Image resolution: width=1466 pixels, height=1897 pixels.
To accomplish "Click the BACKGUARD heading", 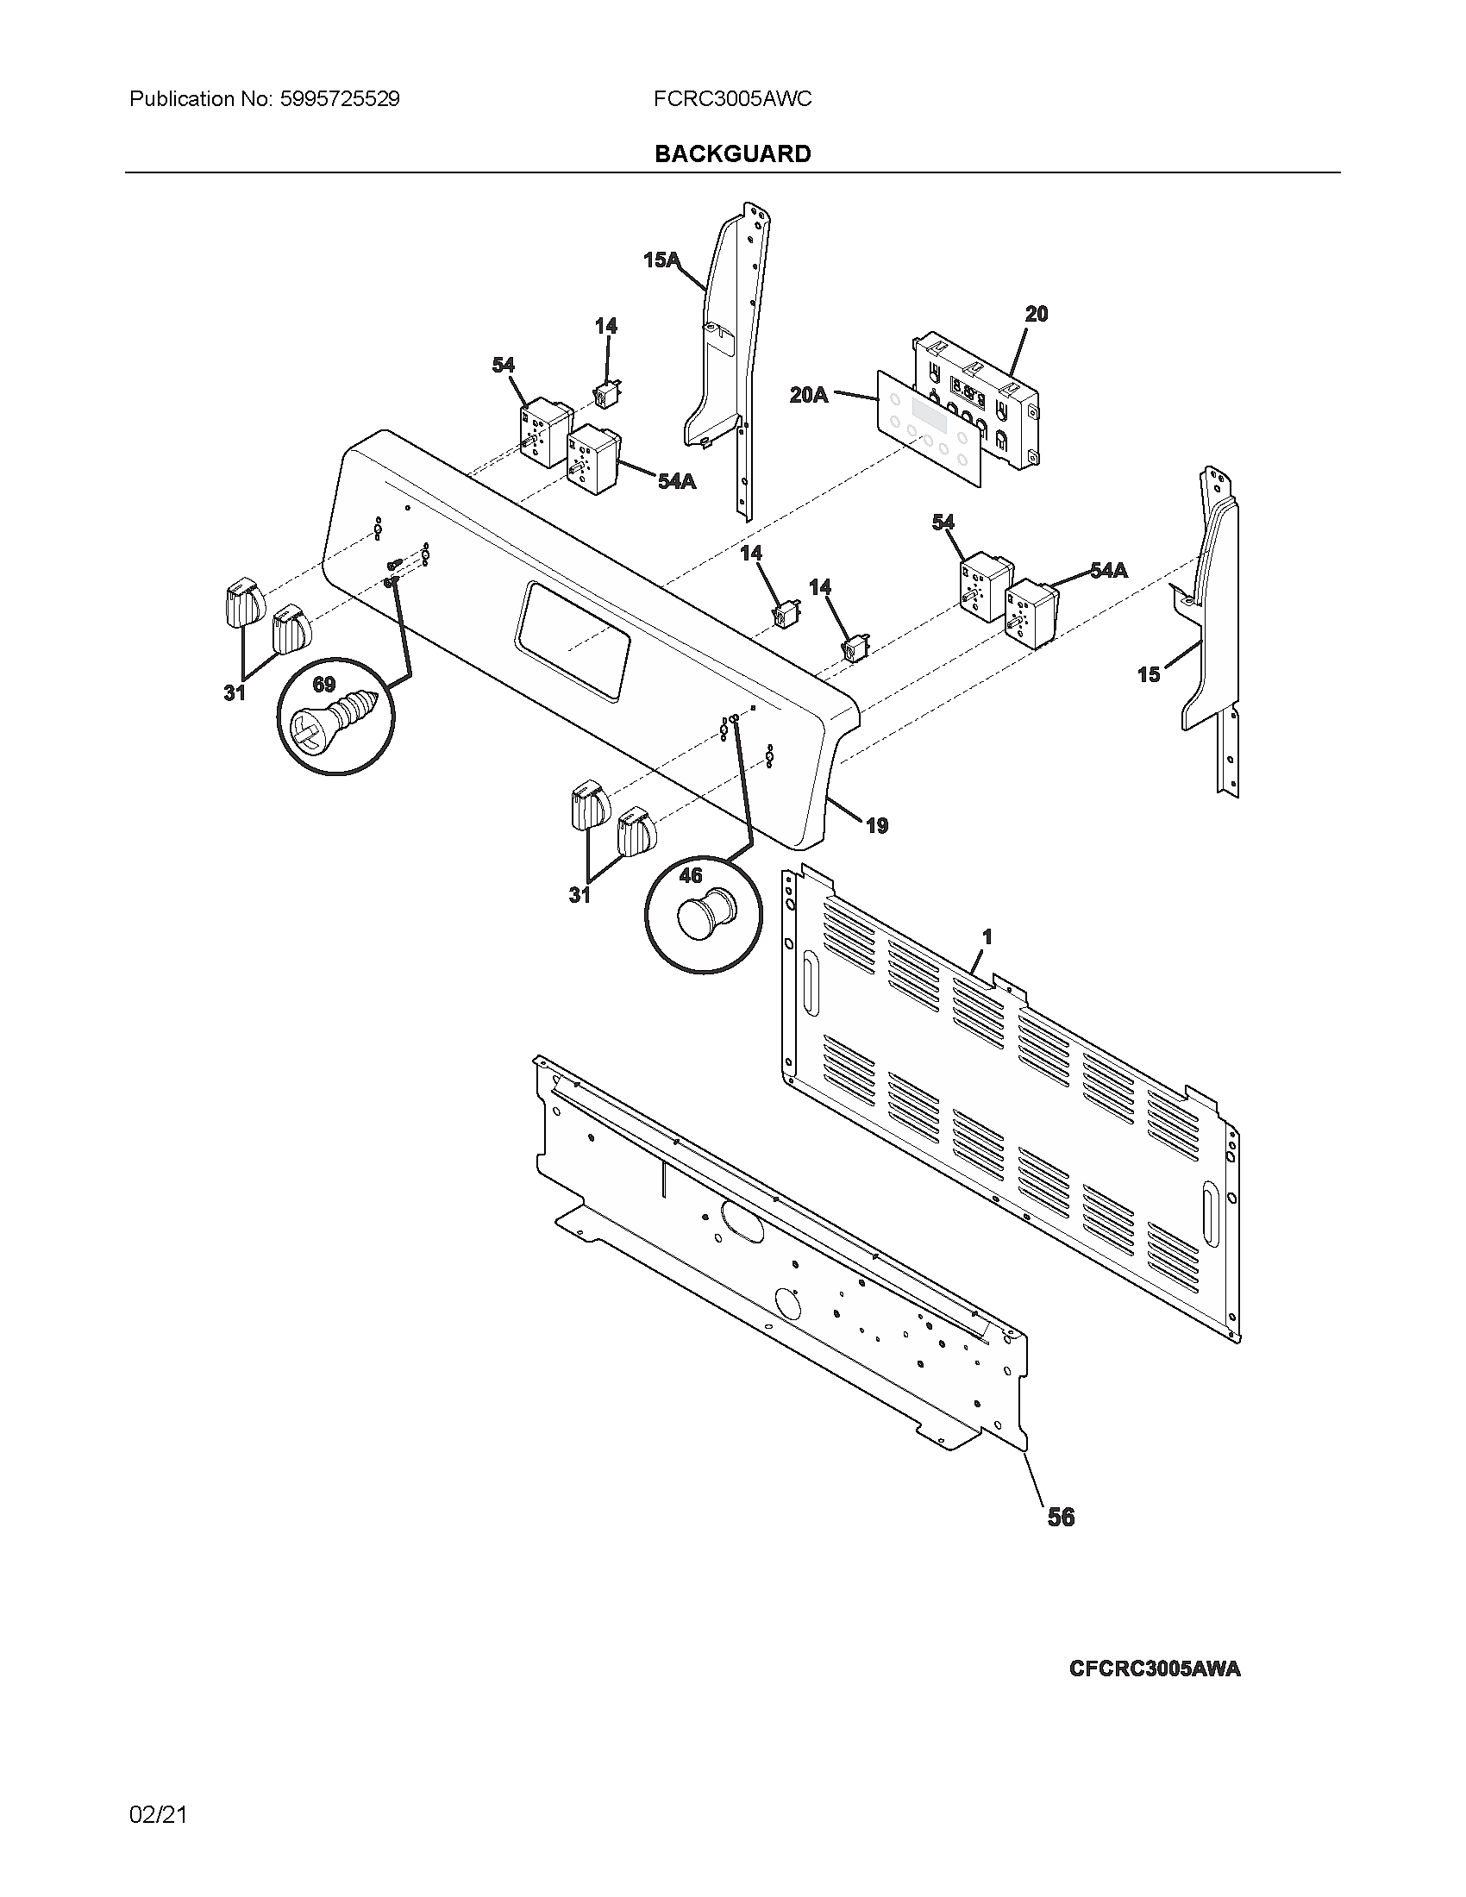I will (x=732, y=153).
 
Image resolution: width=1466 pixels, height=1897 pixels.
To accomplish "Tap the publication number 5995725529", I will (x=340, y=99).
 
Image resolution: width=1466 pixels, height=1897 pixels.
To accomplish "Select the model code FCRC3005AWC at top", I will (x=732, y=99).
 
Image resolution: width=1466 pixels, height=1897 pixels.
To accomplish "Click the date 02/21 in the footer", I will (x=158, y=1814).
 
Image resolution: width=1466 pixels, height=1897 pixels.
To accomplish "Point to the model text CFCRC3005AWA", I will (x=1154, y=1669).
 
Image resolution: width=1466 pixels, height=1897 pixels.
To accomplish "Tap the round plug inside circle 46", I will (x=705, y=916).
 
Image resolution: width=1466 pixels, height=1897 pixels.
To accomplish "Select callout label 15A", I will (x=661, y=260).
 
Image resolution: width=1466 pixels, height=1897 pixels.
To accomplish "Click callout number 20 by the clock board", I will (x=1036, y=315).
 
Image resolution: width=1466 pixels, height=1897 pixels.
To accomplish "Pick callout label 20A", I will (x=809, y=395).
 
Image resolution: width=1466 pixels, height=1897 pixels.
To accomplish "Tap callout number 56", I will (x=1061, y=1518).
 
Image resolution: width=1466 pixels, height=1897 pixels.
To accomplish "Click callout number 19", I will (x=877, y=826).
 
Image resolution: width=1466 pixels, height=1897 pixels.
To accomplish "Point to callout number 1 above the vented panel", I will (x=987, y=937).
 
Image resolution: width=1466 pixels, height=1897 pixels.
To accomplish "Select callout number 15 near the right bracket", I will (x=1148, y=674).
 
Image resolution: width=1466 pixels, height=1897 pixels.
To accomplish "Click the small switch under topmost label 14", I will (x=605, y=394).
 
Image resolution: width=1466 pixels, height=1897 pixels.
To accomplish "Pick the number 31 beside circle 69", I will (x=234, y=693).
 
